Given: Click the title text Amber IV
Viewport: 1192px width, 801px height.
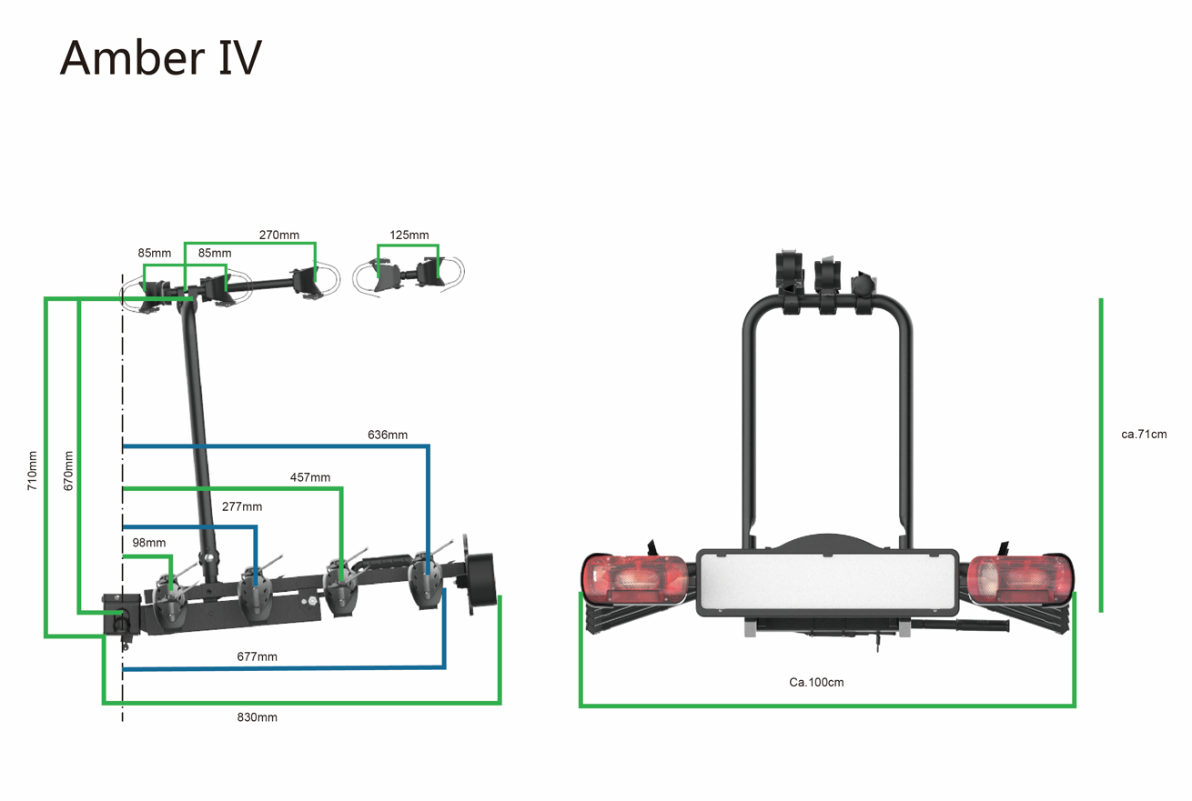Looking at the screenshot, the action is click(161, 57).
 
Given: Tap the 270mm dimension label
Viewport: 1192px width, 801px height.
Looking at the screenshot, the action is click(278, 235).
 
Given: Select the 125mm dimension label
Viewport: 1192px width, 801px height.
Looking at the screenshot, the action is click(409, 235).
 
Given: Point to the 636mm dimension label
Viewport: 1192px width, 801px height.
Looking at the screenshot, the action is click(388, 435).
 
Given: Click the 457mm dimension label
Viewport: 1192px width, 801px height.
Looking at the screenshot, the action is click(309, 477).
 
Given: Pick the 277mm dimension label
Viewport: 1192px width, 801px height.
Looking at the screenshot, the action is click(242, 506).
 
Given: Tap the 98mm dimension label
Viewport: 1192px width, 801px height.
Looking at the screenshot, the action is click(148, 543).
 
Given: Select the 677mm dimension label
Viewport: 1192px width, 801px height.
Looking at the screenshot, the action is click(257, 656).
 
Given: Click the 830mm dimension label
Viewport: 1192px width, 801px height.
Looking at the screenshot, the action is click(257, 717).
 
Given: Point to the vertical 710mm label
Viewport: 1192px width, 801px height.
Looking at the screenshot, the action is click(33, 470).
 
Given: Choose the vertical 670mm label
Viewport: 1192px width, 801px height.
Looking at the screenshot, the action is click(68, 470).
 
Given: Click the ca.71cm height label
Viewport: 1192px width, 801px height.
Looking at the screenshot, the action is click(1144, 434).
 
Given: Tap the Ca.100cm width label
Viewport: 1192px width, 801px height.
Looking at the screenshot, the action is click(816, 682).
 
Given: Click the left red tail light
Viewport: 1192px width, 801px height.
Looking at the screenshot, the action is click(635, 579).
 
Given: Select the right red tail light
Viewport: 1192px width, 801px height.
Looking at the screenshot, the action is click(1019, 579).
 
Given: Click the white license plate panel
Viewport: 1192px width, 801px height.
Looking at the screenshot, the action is click(827, 583).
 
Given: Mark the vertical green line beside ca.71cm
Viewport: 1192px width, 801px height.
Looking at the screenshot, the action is click(1100, 455).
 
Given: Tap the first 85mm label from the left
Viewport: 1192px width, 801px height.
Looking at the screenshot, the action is click(155, 253).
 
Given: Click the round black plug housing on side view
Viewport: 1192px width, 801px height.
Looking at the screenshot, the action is click(481, 579).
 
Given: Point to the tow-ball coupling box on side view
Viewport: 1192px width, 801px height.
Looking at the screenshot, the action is click(122, 615).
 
